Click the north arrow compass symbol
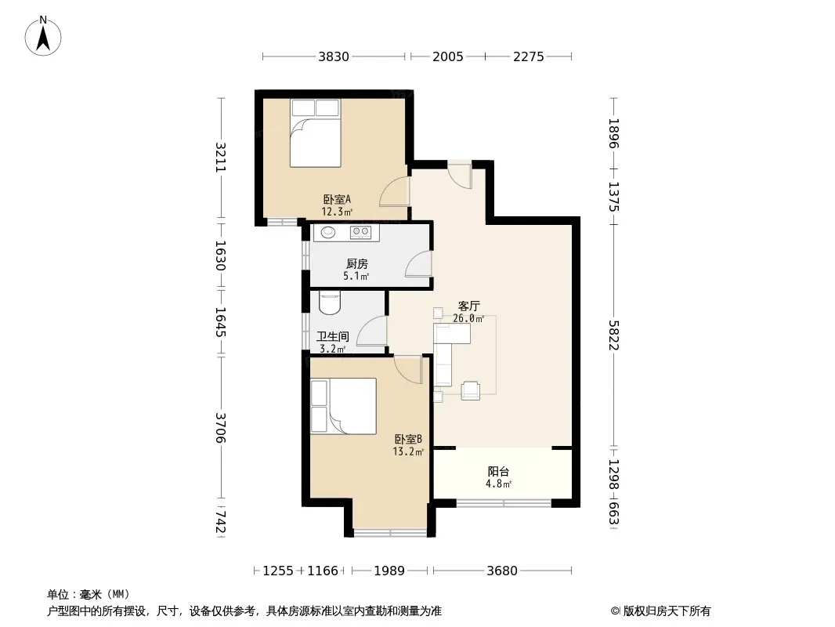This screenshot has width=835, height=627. coord(43,36)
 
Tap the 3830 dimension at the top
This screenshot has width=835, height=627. coord(334,56)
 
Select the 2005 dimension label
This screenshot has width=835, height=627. coord(448,56)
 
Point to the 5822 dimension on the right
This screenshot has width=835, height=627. coord(614,335)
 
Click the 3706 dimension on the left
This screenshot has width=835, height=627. coord(221,428)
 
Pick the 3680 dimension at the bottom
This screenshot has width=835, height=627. coord(501,571)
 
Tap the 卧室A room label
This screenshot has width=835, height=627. coord(337,200)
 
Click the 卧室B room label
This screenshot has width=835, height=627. coord(408,440)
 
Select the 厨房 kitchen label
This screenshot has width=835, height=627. coord(356,263)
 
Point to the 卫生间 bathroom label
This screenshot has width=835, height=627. coord(333,337)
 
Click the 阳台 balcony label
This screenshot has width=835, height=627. coord(498,472)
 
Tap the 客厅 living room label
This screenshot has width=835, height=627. coord(468,306)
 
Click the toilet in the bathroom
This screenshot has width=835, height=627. coord(330,302)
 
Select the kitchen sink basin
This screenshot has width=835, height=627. coord(328,232)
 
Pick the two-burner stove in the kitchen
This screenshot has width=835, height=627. coord(360,232)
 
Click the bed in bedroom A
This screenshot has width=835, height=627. coord(315,133)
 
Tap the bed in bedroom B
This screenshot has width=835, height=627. coord(344,406)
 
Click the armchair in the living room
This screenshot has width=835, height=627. coord(470,390)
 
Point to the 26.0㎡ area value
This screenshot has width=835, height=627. coord(468,318)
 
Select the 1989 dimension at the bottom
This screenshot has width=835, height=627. coord(389,571)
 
